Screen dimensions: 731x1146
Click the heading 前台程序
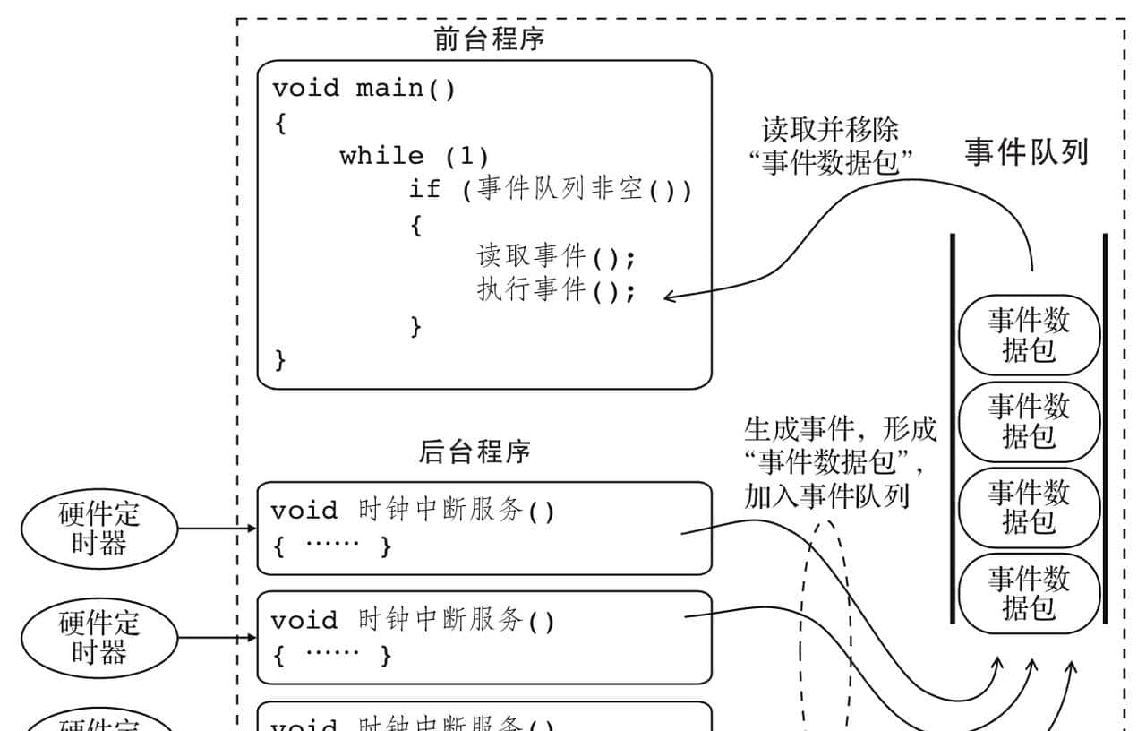[x=489, y=39]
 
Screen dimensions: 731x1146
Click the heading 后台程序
[x=475, y=451]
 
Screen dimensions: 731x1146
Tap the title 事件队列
[x=1026, y=152]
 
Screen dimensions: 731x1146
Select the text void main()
[x=363, y=89]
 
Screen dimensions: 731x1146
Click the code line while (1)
[x=414, y=156]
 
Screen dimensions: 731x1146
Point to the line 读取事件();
[x=555, y=257]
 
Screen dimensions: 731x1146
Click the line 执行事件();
[x=555, y=290]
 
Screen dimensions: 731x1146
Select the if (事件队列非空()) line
[x=550, y=190]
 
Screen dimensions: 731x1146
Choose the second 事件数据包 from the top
[x=1029, y=421]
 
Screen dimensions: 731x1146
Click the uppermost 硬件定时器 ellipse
[x=99, y=529]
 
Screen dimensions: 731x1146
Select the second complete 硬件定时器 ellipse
[x=99, y=637]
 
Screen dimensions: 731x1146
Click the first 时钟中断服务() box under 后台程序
[x=483, y=528]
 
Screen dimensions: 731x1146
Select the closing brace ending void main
[x=280, y=360]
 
